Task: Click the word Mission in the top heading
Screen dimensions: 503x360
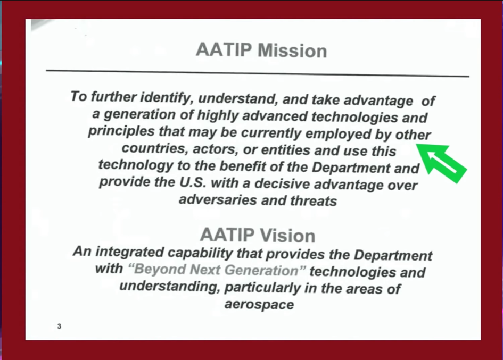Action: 292,51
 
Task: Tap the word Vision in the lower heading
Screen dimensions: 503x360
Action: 287,236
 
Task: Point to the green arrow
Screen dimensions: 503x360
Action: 441,162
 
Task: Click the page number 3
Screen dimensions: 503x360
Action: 59,326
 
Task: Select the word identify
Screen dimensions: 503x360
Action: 167,97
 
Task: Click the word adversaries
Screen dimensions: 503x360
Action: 218,200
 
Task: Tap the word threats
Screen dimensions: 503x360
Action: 314,201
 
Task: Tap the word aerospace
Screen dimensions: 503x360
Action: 259,304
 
